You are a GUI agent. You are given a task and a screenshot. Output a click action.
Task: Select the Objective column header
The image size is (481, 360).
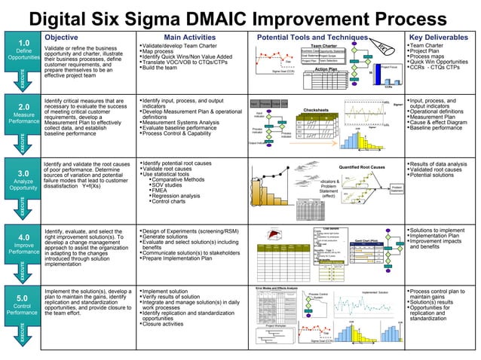coord(65,36)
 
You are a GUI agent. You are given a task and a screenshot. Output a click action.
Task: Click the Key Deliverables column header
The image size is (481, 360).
coord(442,36)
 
